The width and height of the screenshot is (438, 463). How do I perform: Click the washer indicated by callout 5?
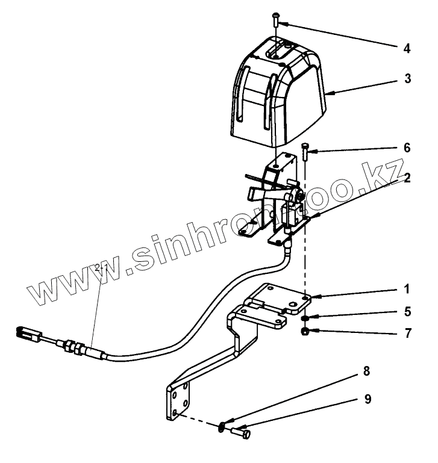click(305, 319)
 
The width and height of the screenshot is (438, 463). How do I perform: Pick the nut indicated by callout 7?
click(306, 332)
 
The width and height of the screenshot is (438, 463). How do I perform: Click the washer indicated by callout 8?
click(222, 427)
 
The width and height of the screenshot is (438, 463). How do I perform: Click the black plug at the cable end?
click(28, 332)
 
